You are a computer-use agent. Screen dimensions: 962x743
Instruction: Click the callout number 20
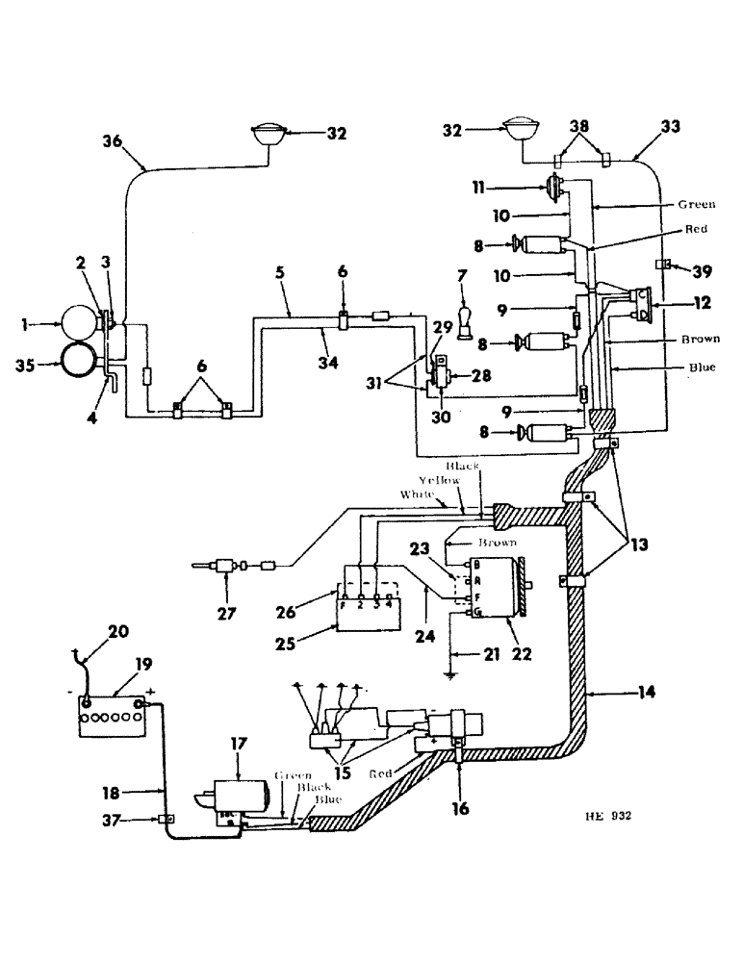pos(118,632)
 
